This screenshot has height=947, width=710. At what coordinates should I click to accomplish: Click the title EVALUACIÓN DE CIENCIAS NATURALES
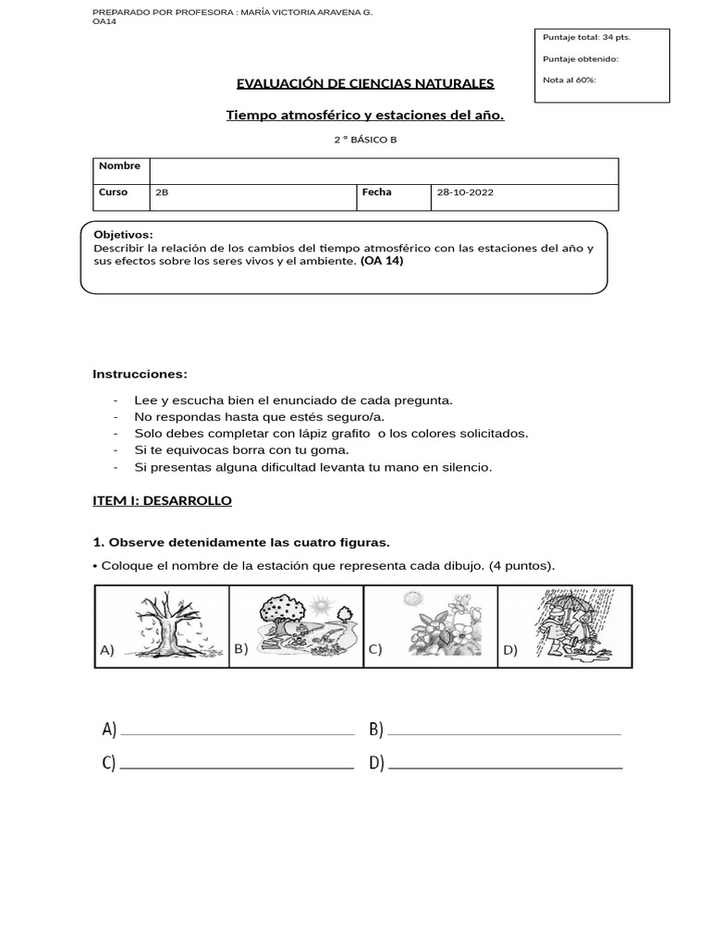[365, 84]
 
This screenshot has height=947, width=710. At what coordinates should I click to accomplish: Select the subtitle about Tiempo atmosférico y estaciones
[365, 116]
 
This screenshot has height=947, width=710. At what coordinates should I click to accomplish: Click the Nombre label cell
[120, 166]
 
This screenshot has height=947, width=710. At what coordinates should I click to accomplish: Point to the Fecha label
[377, 192]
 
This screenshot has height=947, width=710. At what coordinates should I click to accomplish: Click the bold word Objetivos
[124, 235]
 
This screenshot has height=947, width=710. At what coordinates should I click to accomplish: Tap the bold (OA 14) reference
[382, 261]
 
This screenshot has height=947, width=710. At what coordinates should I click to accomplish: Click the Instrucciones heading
[140, 374]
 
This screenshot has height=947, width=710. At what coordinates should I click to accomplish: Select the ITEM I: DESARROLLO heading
[162, 500]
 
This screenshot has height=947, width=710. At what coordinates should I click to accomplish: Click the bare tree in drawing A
[167, 624]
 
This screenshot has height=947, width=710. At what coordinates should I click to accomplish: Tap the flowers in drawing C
[433, 633]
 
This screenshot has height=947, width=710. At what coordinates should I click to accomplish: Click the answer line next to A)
[238, 732]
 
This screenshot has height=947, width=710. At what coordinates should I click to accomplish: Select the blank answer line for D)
[507, 767]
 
